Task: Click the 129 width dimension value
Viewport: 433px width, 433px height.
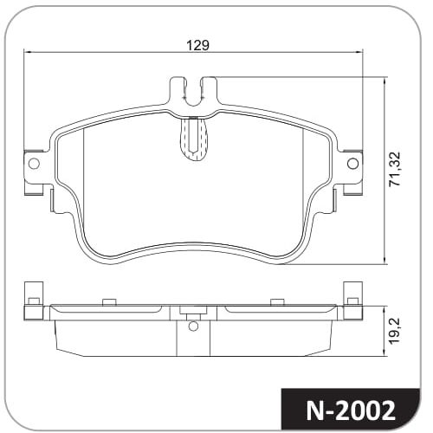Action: coord(197,45)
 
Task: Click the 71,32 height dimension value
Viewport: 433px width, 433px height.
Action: coord(395,169)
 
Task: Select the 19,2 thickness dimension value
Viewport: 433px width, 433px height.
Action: coord(394,331)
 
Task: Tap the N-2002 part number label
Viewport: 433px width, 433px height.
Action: coord(351,410)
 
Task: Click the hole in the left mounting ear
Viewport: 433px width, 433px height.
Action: coord(34,164)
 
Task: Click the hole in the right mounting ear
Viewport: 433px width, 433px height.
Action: coord(352,164)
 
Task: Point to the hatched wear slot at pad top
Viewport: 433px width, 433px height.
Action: coord(193,139)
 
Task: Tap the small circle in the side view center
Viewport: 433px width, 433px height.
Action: coord(193,326)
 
